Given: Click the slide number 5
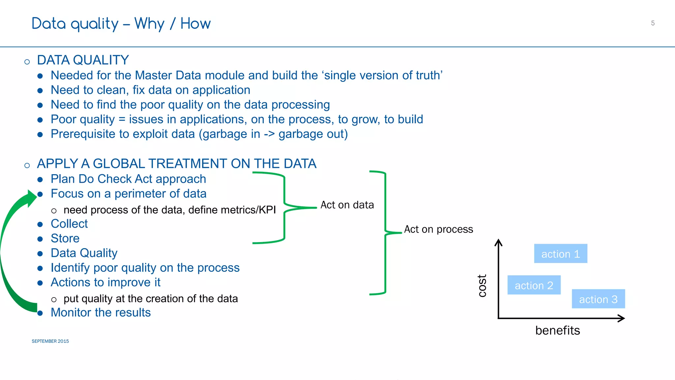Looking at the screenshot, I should tap(653, 23).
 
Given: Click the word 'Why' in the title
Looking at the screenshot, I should tap(149, 24).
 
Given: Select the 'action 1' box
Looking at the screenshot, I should tap(560, 254).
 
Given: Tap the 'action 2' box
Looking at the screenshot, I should tap(534, 285).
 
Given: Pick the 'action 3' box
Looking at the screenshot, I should tap(598, 299).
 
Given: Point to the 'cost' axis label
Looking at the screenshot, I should tap(482, 286).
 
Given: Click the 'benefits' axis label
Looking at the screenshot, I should tap(557, 330).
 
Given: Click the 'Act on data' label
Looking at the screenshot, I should tap(347, 205).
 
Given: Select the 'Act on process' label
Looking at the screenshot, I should tap(438, 229).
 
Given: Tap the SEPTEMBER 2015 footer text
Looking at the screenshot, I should tap(50, 341).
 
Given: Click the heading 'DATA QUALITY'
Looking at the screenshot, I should tap(83, 60).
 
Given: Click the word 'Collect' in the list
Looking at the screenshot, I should tap(69, 224).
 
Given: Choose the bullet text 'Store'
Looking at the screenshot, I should tap(65, 238).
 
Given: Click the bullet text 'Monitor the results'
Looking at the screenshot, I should tap(101, 312).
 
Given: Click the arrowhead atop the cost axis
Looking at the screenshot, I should tap(498, 243).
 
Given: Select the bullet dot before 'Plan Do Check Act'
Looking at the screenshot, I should tap(40, 179).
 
